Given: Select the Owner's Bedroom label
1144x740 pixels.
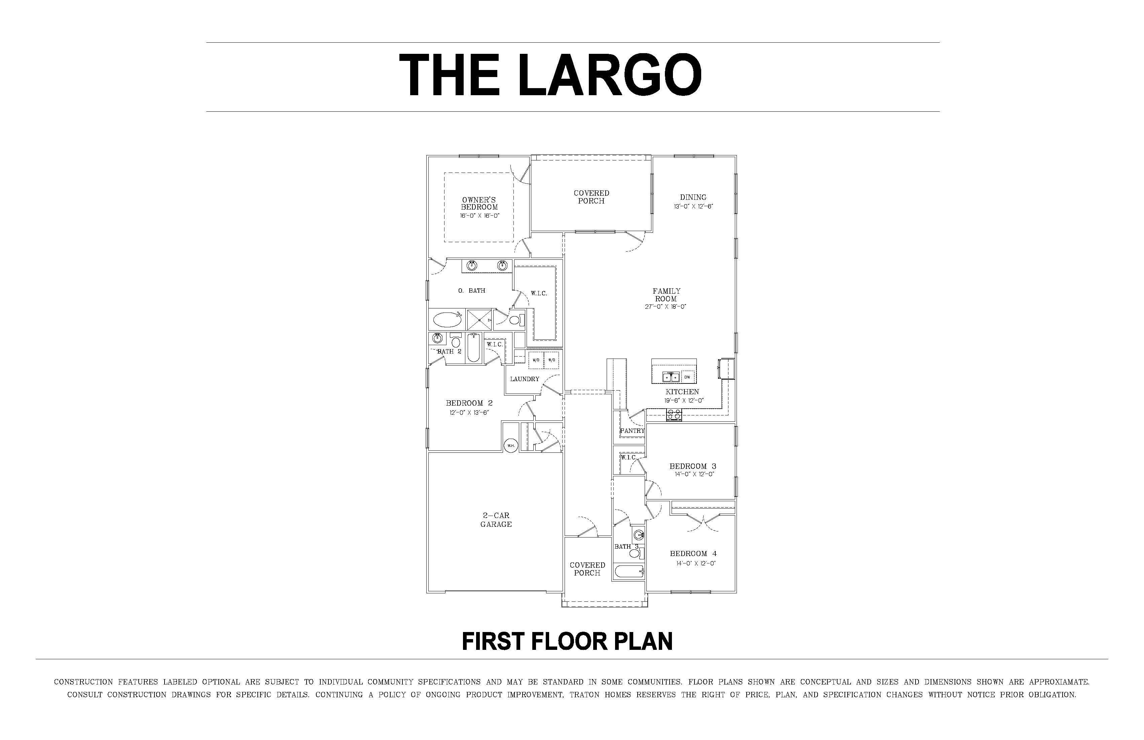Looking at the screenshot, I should [479, 203].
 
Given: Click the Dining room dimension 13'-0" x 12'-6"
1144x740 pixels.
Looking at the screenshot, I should [693, 207].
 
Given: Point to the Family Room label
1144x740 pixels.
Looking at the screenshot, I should [666, 295].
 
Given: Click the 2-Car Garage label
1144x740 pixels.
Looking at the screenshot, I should [496, 519].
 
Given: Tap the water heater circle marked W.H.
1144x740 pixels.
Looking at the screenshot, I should [510, 445].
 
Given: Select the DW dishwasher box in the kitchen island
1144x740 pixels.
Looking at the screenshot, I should [687, 377].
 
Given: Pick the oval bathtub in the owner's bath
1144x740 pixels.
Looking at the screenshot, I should [448, 320].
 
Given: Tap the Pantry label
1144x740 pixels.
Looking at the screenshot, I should [632, 431].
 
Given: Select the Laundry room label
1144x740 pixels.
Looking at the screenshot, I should [525, 379].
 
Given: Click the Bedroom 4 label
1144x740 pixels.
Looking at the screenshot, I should [693, 554].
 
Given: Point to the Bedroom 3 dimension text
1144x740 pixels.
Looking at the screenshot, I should [694, 474].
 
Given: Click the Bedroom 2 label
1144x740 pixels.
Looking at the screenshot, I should [469, 403].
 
